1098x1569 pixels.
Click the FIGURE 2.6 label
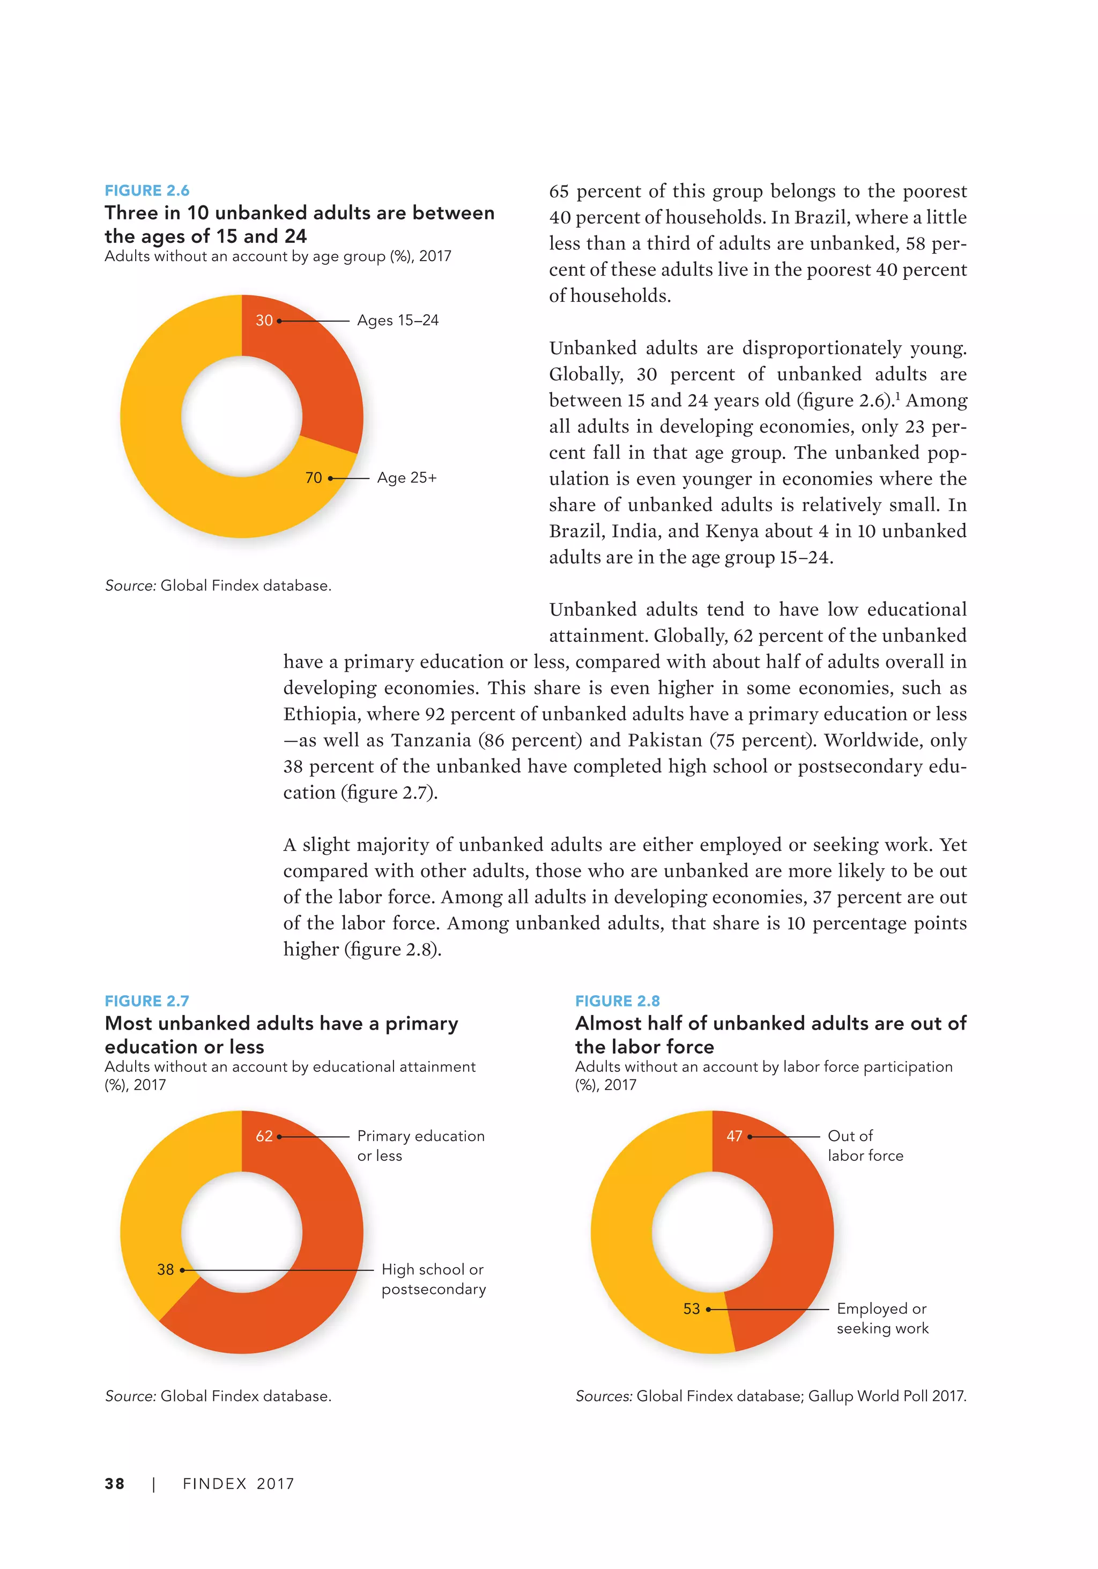(x=147, y=191)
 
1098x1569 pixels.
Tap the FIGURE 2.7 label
(x=147, y=1001)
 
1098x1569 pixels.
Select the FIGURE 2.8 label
(x=617, y=1001)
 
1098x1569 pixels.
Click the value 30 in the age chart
(x=264, y=321)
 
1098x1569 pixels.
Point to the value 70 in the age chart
(x=314, y=478)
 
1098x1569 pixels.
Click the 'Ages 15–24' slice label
(x=398, y=321)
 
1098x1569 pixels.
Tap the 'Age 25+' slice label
(x=406, y=478)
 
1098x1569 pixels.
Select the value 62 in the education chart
(x=264, y=1136)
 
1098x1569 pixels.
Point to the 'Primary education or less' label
(x=420, y=1145)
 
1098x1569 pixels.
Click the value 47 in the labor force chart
(x=735, y=1136)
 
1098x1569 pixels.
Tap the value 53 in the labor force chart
(x=692, y=1308)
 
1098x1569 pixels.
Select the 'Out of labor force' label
(x=865, y=1145)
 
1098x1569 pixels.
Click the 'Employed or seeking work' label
(x=882, y=1318)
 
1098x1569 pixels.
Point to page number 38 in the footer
(x=115, y=1484)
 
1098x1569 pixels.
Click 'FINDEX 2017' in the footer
(x=239, y=1484)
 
